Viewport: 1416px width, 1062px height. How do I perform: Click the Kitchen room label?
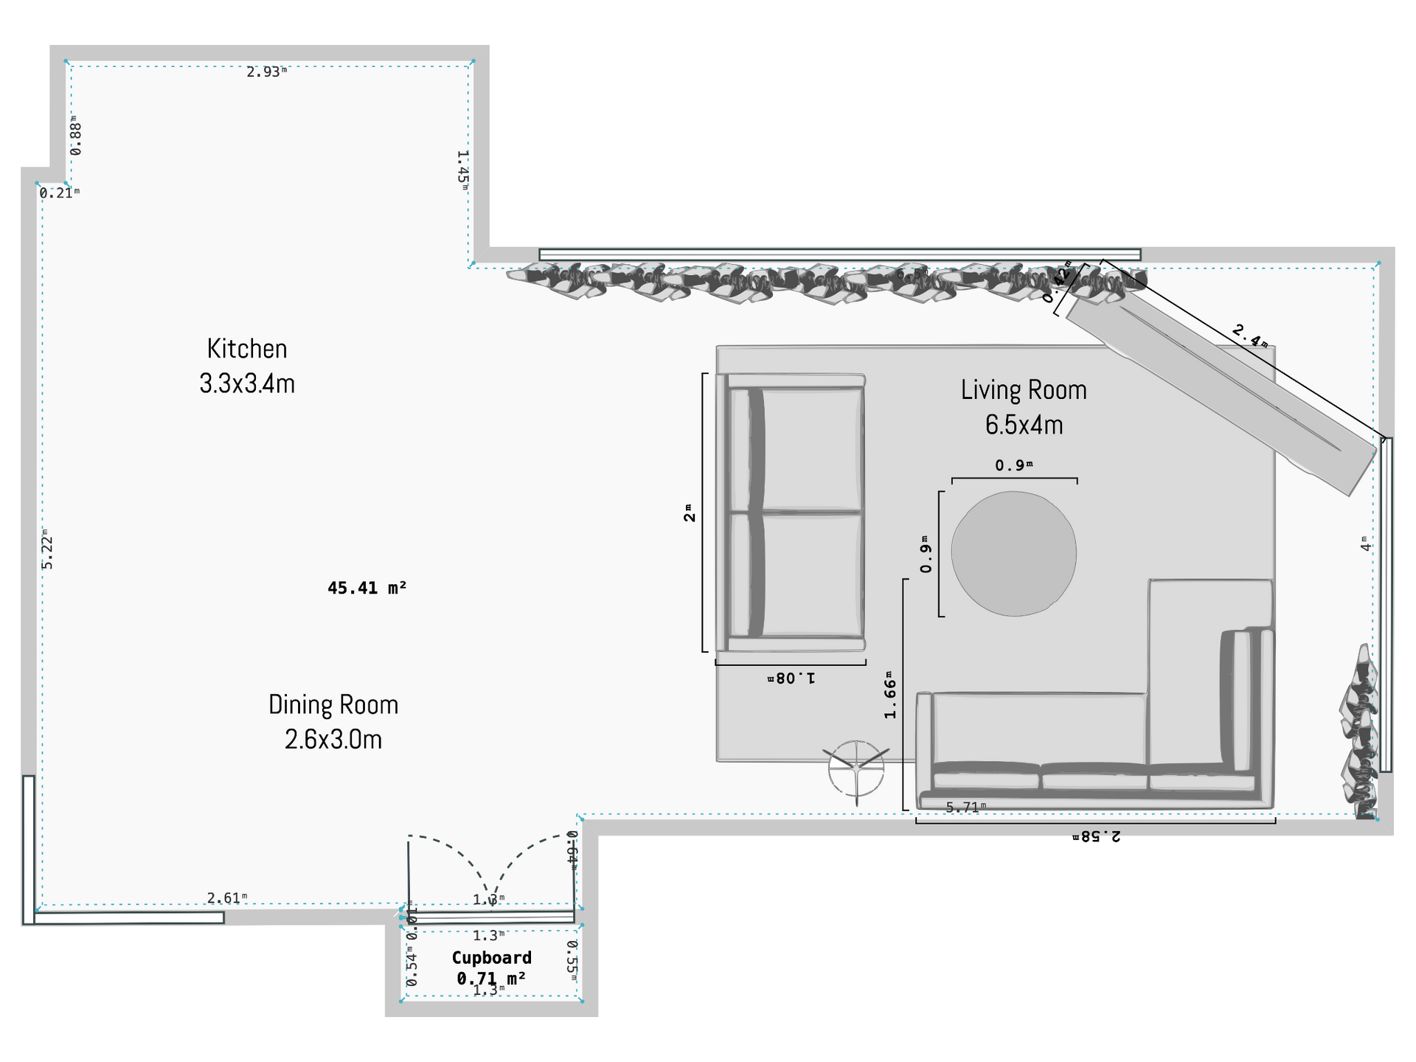point(247,366)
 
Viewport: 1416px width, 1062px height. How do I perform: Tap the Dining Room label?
point(333,721)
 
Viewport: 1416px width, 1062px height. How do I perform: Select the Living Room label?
point(1024,407)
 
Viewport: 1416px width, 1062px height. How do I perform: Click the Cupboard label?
point(491,958)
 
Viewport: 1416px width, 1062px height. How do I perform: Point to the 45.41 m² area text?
point(367,588)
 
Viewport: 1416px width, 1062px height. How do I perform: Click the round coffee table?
point(1013,553)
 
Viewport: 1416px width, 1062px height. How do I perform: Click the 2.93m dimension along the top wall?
point(265,72)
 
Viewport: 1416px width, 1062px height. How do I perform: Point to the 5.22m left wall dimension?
point(47,549)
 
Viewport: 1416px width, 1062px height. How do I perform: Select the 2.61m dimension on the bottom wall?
point(226,898)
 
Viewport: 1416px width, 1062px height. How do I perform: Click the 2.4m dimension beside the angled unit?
point(1250,336)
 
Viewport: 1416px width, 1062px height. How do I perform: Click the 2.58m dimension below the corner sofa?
point(1096,836)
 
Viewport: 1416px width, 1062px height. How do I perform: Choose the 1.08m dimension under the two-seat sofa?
point(791,678)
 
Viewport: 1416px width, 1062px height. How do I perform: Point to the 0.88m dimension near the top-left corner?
point(76,136)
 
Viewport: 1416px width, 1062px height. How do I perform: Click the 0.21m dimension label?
point(58,193)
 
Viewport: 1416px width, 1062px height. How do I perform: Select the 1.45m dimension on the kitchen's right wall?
point(462,170)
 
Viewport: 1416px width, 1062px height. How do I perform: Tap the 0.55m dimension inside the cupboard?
point(572,959)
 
